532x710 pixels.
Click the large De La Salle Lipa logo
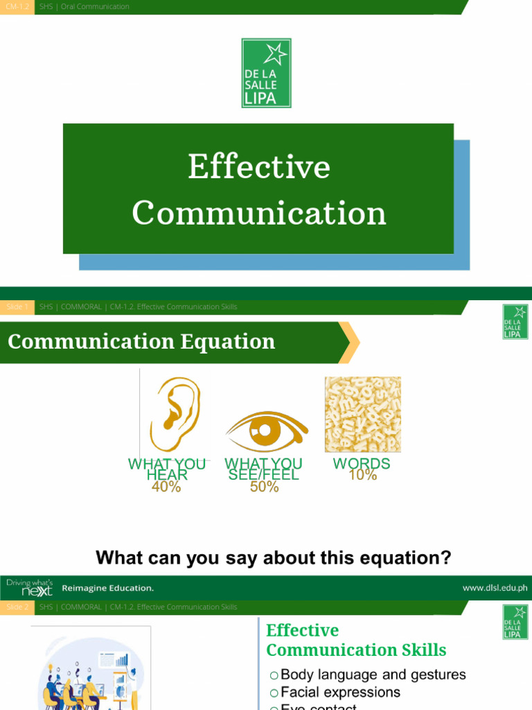click(266, 73)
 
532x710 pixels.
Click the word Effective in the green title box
click(259, 168)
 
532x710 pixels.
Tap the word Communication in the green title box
click(259, 213)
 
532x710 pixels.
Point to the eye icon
click(267, 431)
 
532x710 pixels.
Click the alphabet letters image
click(362, 415)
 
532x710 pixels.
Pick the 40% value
click(166, 487)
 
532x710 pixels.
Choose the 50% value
click(264, 487)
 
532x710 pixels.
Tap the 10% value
click(363, 476)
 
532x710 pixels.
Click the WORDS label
click(362, 463)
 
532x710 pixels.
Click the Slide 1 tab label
click(17, 306)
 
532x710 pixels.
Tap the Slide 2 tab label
click(17, 607)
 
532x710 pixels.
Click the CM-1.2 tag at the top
click(17, 7)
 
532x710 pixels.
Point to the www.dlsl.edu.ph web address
click(495, 588)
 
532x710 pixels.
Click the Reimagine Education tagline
click(108, 588)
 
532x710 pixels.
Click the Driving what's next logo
click(28, 587)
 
